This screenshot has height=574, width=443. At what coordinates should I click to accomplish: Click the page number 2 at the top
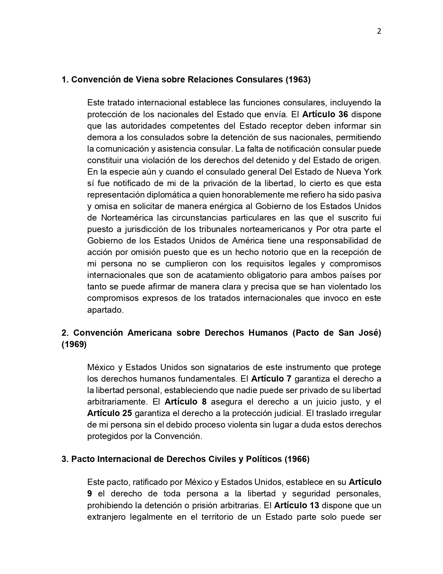click(379, 31)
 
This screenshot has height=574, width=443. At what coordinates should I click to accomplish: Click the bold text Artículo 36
click(325, 114)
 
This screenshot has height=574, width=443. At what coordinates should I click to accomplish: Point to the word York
click(372, 172)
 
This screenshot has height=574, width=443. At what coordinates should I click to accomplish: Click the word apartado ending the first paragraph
click(105, 310)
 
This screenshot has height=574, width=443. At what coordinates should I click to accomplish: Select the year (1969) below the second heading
click(74, 344)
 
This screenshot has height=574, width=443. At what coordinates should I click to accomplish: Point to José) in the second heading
click(369, 333)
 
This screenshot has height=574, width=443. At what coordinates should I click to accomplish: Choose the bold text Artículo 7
click(271, 379)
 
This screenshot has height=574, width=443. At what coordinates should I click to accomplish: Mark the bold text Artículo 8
click(186, 402)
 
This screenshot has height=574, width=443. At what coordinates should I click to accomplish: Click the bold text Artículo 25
click(109, 413)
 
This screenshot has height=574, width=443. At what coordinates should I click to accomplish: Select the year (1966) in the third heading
click(297, 459)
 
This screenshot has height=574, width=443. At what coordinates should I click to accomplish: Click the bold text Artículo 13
click(296, 505)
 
